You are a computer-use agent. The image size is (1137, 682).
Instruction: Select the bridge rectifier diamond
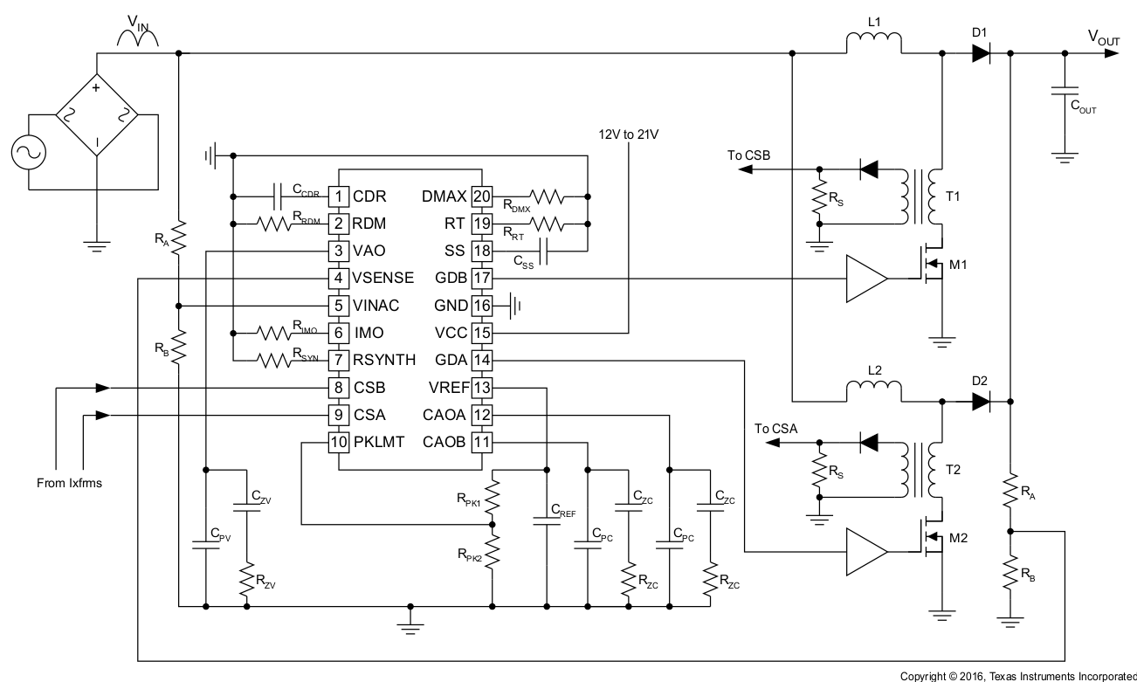click(96, 115)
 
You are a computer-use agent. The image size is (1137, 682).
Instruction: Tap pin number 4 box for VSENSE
click(338, 279)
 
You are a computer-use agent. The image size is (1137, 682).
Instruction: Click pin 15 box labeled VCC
click(481, 333)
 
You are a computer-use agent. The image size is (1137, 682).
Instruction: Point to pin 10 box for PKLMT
click(338, 442)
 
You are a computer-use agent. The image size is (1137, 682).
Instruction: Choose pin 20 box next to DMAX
click(481, 196)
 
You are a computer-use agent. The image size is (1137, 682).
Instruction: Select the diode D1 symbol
click(980, 54)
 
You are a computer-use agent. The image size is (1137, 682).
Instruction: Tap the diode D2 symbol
click(980, 402)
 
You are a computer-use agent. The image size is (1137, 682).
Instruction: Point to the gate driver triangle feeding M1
click(865, 279)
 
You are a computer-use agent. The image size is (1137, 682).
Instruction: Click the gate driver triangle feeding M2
click(865, 552)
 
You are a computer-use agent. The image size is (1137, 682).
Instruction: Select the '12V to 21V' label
click(628, 134)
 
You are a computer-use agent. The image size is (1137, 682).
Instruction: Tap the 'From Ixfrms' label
click(70, 482)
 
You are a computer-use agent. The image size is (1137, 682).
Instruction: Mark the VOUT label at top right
click(1103, 37)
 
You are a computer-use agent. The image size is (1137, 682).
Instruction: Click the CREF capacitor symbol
click(547, 518)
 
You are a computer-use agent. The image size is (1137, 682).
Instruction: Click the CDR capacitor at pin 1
click(279, 196)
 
